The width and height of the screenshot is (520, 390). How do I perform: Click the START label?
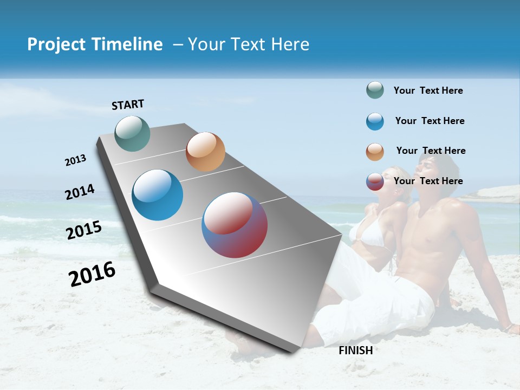[128, 105]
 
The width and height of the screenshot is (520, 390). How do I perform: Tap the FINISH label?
[355, 350]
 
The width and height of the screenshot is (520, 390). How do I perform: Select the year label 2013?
[75, 160]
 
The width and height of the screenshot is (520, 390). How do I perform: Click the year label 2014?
[80, 192]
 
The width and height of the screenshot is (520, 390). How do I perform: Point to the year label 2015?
[83, 230]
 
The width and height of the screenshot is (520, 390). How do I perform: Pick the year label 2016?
[92, 274]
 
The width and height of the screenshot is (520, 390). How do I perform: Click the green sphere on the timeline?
[133, 133]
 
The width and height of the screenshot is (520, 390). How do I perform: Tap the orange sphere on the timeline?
[205, 152]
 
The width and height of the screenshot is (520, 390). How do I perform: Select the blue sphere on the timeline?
[158, 195]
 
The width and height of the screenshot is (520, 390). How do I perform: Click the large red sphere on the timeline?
[235, 225]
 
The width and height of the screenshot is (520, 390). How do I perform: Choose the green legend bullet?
[375, 90]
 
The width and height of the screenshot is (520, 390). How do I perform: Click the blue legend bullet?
[375, 121]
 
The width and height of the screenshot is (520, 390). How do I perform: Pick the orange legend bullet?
[375, 152]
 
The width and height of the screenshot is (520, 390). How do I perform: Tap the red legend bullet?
[375, 181]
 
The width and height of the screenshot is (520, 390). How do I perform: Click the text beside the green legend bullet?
[428, 91]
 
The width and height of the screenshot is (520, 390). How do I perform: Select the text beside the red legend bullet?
[428, 181]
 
